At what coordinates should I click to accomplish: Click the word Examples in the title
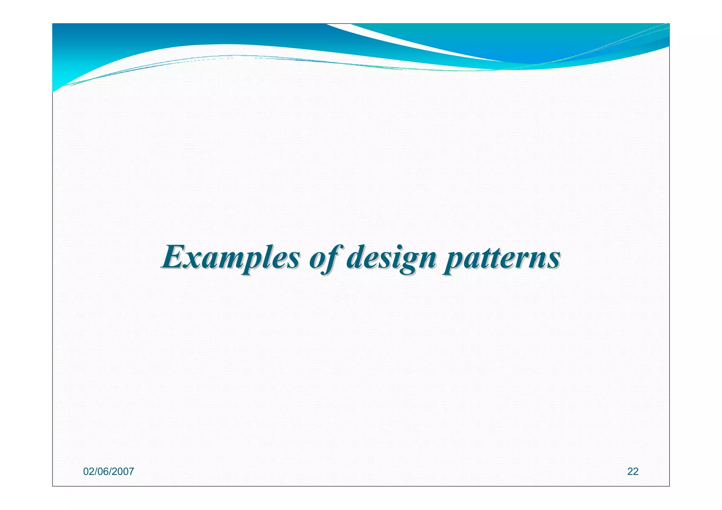coord(231,258)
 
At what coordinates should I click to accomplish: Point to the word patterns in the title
coord(501,258)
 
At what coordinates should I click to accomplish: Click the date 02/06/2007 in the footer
coord(109,472)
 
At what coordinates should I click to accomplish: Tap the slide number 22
coord(633,472)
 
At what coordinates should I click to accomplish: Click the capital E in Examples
coord(174,257)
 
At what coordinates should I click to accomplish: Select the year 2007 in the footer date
coord(123,472)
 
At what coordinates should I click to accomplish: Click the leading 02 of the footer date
coord(88,472)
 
